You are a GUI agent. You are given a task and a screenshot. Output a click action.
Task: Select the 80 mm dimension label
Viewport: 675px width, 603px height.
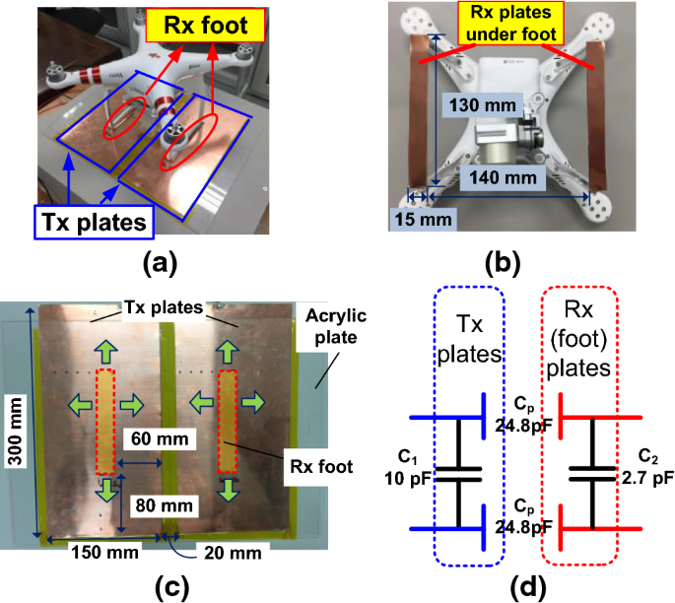pyautogui.click(x=161, y=505)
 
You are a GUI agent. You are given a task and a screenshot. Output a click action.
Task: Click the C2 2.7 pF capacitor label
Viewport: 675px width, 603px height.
pyautogui.click(x=648, y=466)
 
